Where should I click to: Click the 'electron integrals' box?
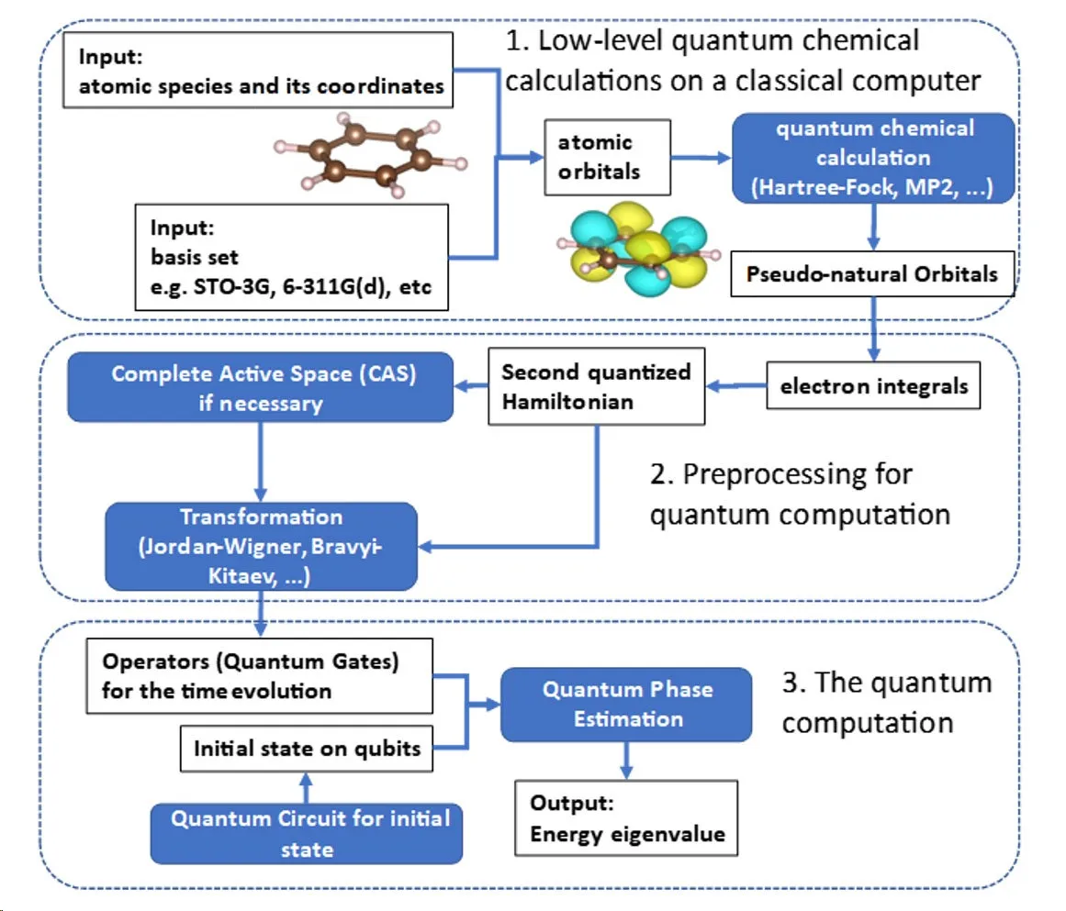873,386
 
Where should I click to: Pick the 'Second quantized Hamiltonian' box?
598,386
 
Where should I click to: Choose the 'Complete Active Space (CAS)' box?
260,388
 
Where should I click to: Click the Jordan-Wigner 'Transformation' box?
261,546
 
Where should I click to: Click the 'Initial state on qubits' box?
307,748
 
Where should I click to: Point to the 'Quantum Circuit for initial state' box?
307,833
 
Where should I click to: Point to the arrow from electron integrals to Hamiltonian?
736,387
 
